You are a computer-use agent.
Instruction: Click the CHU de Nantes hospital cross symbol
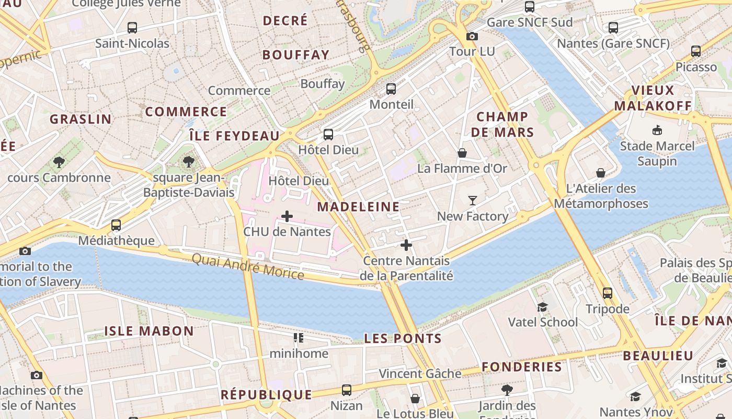[287, 216]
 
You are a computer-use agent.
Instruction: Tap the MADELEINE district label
[358, 207]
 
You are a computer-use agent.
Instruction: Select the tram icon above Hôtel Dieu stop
[328, 135]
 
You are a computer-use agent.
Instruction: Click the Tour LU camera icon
[472, 36]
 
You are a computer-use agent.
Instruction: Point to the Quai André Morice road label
[248, 266]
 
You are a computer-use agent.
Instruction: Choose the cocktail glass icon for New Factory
[473, 200]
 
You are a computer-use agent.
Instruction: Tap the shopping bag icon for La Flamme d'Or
[462, 153]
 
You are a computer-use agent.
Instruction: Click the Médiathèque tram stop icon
[116, 225]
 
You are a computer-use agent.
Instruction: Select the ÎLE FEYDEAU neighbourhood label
[235, 136]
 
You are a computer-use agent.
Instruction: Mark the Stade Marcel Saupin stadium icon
[657, 130]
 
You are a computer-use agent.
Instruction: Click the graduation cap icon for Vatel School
[543, 306]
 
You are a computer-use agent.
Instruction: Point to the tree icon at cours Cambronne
[59, 162]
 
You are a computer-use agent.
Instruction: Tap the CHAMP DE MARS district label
[502, 124]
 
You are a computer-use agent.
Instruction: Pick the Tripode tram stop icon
[607, 293]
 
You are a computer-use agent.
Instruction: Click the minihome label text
[299, 354]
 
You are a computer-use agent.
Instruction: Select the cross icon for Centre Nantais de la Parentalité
[406, 245]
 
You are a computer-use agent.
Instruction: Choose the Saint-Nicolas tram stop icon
[132, 28]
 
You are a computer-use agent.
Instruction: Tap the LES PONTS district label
[403, 339]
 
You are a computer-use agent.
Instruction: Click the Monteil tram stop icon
[391, 89]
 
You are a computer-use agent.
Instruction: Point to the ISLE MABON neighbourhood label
[149, 331]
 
